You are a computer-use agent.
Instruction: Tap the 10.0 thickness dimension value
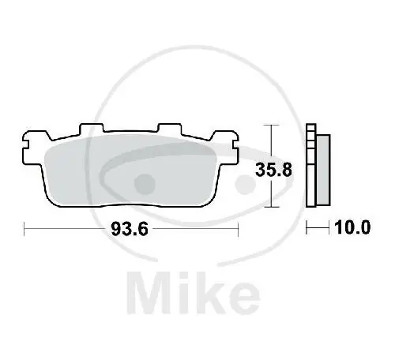[x=353, y=229]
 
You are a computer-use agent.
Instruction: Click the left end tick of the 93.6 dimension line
[x=25, y=229]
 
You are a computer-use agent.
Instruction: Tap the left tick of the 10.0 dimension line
[x=307, y=229]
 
